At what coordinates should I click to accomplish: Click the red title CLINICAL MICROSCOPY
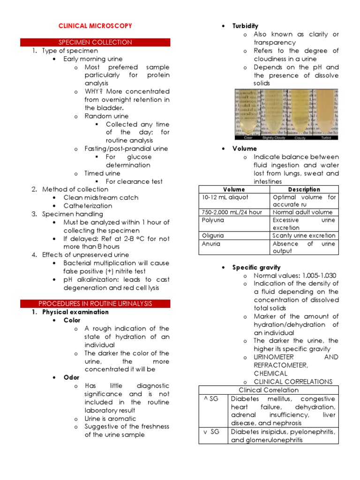coord(95,26)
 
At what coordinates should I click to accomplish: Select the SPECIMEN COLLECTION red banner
coord(95,42)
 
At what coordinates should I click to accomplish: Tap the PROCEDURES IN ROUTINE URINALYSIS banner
coord(95,303)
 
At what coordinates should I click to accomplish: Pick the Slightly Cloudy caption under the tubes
coord(274,138)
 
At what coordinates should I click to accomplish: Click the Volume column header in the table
coord(234,189)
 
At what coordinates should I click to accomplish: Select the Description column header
coord(304,189)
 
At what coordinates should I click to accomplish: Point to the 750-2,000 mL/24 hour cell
coord(232,212)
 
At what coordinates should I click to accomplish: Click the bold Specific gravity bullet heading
coord(256,267)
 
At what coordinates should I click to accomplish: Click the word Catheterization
coord(88,206)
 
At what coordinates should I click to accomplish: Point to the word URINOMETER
coord(274,357)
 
